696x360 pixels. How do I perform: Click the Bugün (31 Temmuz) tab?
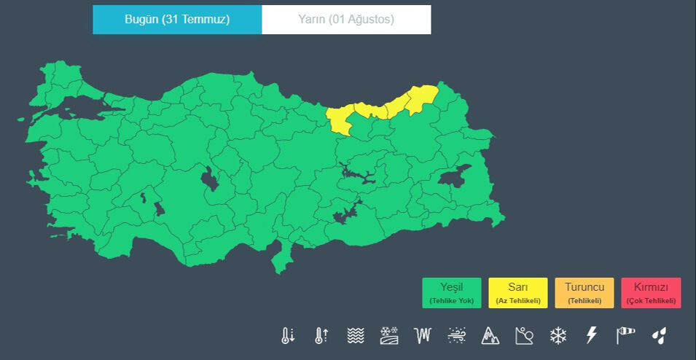click(177, 20)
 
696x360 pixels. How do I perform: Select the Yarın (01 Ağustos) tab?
click(346, 20)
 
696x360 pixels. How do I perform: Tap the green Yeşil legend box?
click(451, 293)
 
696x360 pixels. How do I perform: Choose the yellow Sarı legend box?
click(517, 293)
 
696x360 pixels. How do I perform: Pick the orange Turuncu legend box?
click(584, 293)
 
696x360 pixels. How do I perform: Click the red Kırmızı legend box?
click(651, 293)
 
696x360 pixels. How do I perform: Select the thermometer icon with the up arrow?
click(321, 335)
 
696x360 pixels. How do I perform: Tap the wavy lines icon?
click(355, 335)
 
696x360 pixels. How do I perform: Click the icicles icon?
click(423, 335)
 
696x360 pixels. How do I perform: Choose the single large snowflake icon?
click(558, 335)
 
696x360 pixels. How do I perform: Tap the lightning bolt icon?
click(592, 335)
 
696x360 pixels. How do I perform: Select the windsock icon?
click(625, 335)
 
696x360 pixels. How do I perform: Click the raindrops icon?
click(659, 335)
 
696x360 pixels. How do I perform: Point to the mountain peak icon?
click(490, 335)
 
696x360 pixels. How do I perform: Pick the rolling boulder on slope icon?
click(524, 335)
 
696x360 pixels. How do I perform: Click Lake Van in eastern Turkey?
click(455, 176)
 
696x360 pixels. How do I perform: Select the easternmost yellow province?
click(423, 98)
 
